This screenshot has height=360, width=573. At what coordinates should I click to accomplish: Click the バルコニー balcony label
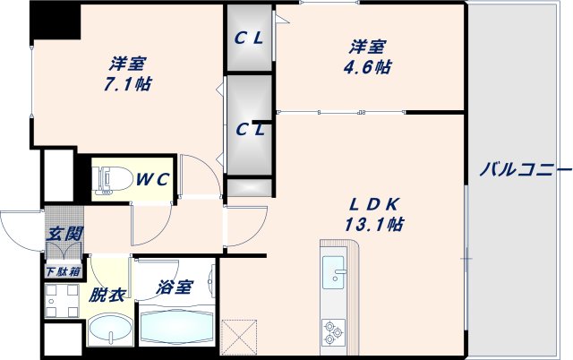(x=525, y=168)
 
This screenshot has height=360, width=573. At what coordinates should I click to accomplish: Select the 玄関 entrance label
(x=64, y=235)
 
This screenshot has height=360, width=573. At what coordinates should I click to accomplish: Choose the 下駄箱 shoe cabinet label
(x=64, y=270)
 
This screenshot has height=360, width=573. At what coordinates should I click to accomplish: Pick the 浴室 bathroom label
(x=175, y=287)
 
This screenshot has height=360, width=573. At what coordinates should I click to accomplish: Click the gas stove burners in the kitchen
(x=333, y=330)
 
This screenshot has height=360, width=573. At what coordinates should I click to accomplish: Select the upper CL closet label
(x=249, y=39)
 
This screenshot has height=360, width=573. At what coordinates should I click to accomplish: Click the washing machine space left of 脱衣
(x=62, y=300)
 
